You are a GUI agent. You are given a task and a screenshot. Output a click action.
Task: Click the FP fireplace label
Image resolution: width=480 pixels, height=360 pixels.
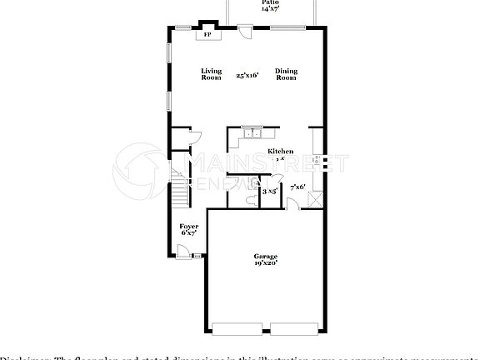click(207, 35)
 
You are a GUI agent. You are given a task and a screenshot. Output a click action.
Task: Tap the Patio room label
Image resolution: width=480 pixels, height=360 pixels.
click(272, 2)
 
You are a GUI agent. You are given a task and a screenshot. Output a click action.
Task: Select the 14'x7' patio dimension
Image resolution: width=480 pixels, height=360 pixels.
click(272, 9)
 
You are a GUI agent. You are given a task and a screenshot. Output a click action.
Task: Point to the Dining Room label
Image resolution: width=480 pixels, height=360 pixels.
click(286, 74)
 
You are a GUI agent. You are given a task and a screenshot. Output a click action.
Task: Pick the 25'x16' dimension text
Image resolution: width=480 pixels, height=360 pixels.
click(247, 75)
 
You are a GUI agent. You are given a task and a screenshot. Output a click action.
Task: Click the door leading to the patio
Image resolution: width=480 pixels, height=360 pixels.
click(244, 31)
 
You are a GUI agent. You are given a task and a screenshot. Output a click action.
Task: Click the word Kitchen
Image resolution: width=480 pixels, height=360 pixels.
click(280, 151)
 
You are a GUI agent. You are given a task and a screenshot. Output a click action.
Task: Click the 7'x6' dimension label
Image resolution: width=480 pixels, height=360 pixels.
click(297, 187)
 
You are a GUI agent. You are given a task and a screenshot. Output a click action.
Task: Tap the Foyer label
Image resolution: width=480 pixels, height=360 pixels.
click(189, 226)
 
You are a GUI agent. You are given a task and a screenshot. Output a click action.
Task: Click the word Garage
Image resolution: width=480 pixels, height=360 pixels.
click(266, 256)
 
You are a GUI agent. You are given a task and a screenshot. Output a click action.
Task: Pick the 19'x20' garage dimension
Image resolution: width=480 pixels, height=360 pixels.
click(266, 262)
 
